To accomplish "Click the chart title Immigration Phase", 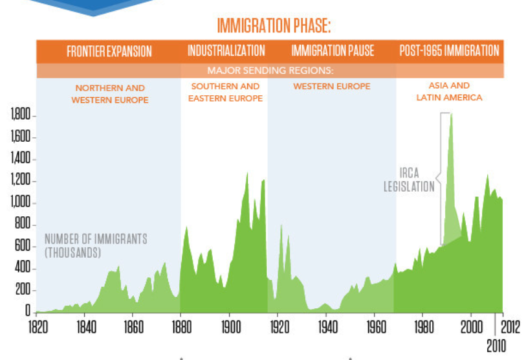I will coord(274,27).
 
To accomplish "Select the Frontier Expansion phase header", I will coord(109,51).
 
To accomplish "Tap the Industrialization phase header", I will coord(226,51).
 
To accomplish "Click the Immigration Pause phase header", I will coord(333,51).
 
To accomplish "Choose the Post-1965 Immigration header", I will coord(449,51).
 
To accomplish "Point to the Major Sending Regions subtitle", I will coord(270,71).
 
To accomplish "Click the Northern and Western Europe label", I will coord(110,94).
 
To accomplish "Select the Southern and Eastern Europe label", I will coord(225,92).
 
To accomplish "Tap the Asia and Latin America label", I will coord(450,91).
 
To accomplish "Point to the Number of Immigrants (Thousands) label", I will coord(96,246).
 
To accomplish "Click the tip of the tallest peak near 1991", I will coord(451,114).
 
